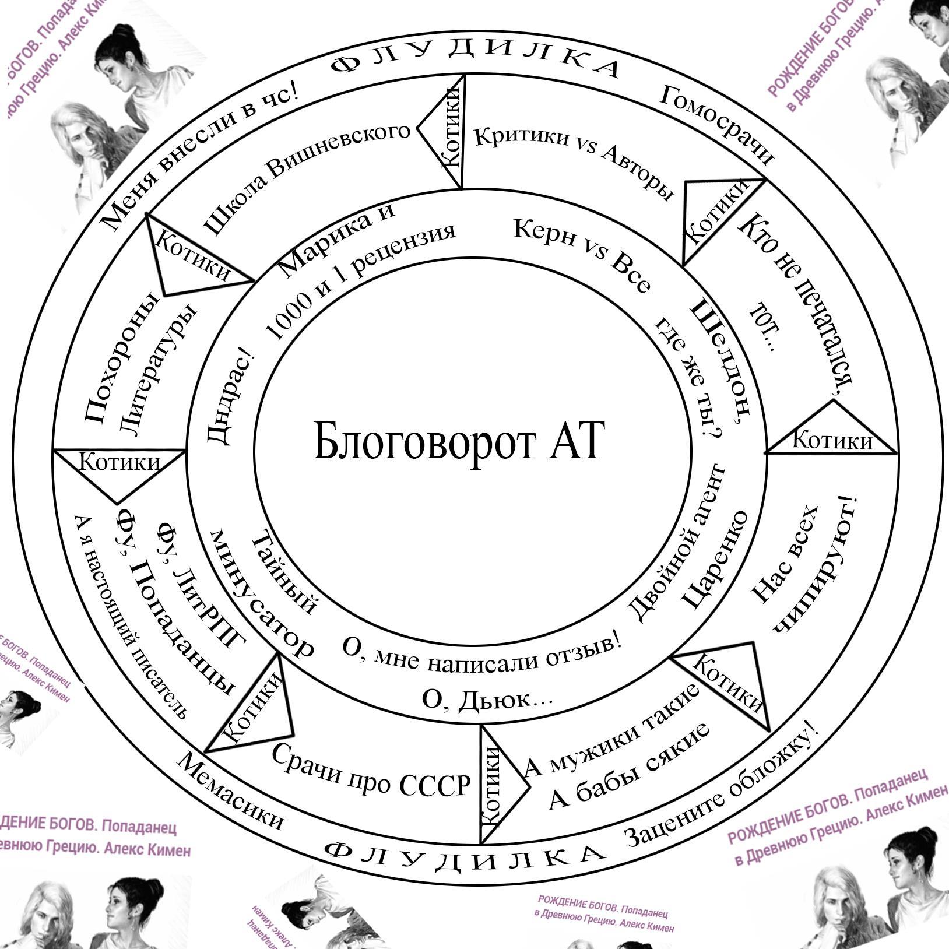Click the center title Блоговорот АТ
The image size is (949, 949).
pyautogui.click(x=458, y=441)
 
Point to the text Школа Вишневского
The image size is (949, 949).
pyautogui.click(x=306, y=175)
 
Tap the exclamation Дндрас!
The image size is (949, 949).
pyautogui.click(x=230, y=396)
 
